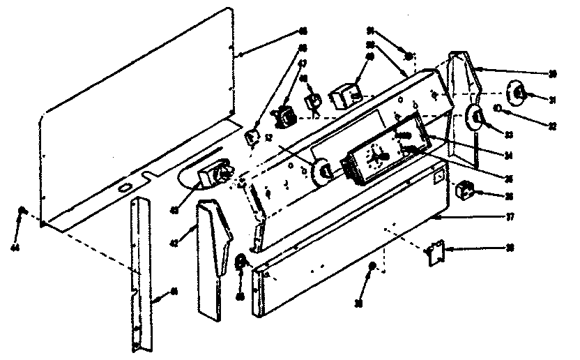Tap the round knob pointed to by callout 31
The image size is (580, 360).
(x=519, y=93)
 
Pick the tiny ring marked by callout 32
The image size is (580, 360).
(x=498, y=108)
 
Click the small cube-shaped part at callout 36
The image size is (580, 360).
(x=464, y=188)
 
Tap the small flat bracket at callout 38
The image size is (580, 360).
(x=436, y=252)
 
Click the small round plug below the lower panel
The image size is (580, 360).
(x=373, y=266)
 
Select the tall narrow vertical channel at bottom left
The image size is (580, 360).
(x=141, y=272)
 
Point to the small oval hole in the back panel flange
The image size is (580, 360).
(x=123, y=188)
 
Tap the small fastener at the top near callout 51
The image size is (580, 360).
(x=409, y=54)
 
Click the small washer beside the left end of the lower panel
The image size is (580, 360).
(x=242, y=261)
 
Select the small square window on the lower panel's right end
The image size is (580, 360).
(x=437, y=178)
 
